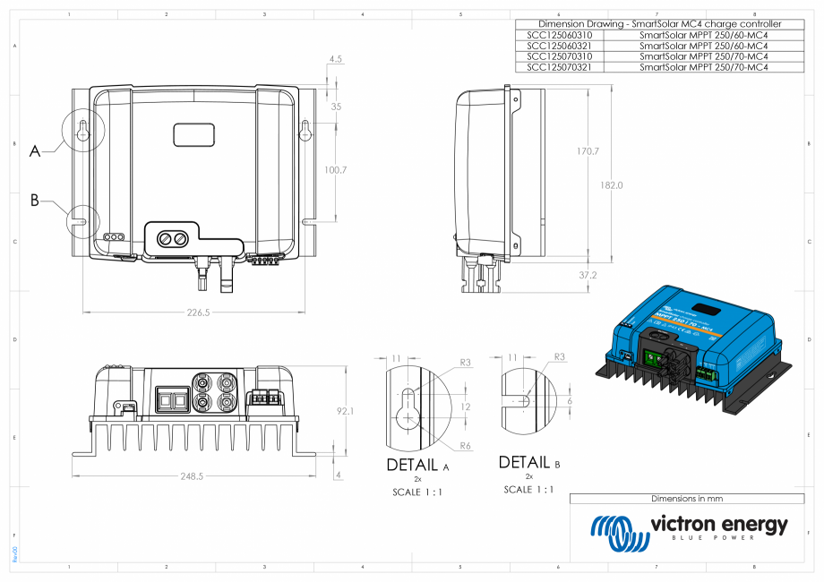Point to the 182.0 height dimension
coord(611,185)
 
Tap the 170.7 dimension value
coord(588,151)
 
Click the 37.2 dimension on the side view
coord(588,275)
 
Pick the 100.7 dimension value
coord(336,169)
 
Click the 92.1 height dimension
coord(346,411)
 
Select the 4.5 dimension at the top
coord(336,58)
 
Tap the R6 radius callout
coord(465,445)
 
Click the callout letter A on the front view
coord(35,152)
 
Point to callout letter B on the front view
coord(35,201)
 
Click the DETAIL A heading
coord(417,466)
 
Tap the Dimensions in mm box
coord(686,499)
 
